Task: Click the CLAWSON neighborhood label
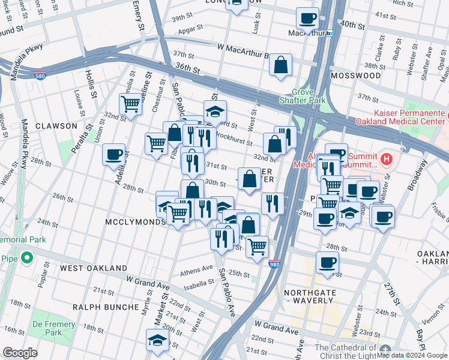[56, 126]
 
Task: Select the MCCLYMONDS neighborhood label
[136, 222]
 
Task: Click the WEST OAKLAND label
[94, 268]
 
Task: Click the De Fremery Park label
[46, 328]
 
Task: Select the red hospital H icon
[387, 160]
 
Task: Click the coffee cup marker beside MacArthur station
[308, 19]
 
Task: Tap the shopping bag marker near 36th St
[280, 64]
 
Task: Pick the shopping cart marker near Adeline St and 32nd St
[130, 104]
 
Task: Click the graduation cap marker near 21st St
[157, 339]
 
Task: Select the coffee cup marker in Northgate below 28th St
[327, 262]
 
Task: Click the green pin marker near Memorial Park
[26, 258]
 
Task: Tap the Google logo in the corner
[20, 353]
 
